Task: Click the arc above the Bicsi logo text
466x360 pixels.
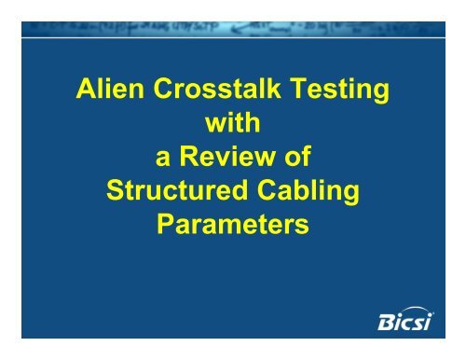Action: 417,309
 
